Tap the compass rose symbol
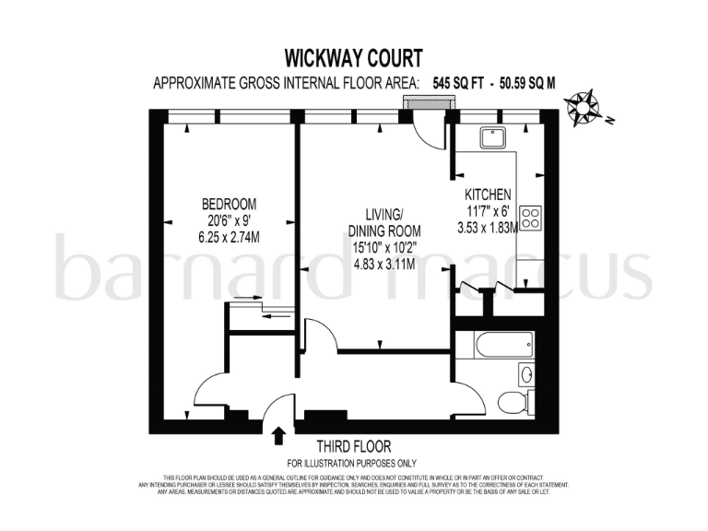coord(584,108)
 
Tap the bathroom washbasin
coord(526,373)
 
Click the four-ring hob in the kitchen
coord(530,218)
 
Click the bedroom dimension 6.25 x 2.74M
coord(230,236)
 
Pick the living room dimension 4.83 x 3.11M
coord(384,263)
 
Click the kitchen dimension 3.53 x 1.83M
coord(488,228)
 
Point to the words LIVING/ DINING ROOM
coord(384,221)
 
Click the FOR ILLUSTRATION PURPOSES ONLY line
coord(352,463)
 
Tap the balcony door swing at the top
coord(431,129)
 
